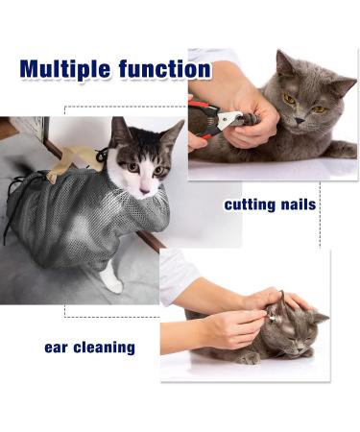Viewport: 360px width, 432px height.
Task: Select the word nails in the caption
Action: (x=297, y=205)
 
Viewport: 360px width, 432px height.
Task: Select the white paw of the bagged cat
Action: (x=113, y=280)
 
